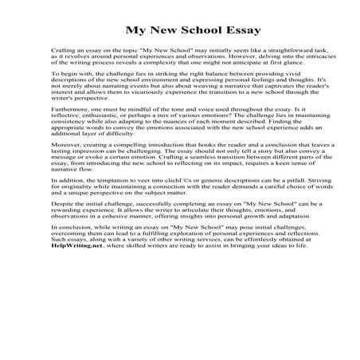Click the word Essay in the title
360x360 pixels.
point(217,33)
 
